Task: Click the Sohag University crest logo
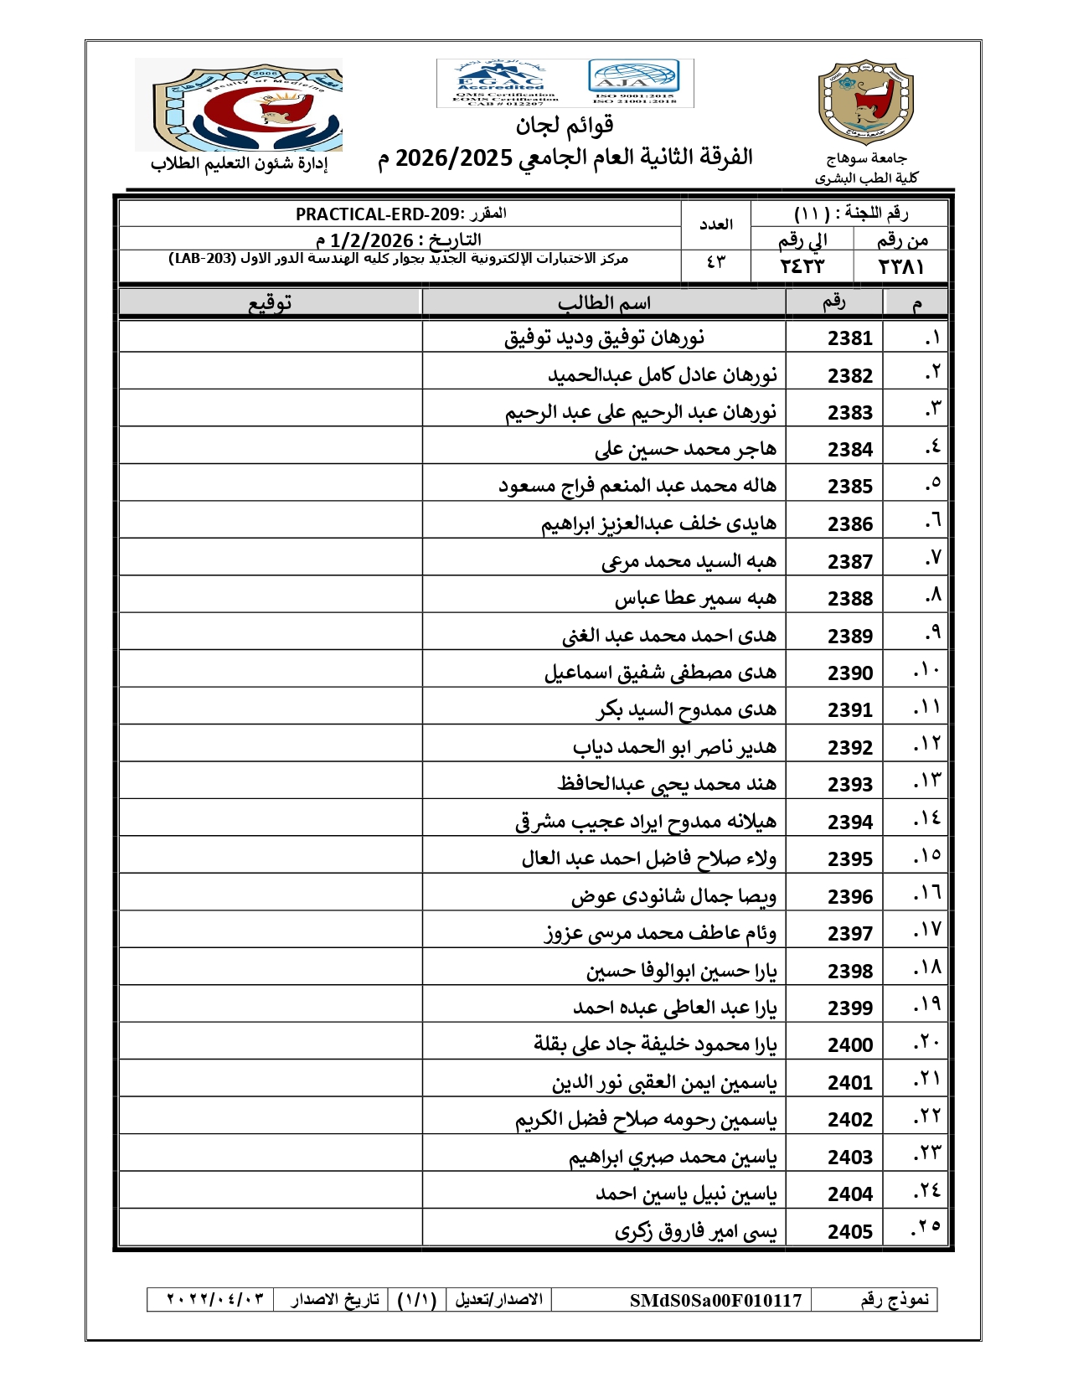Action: point(865,102)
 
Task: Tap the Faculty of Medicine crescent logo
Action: point(240,105)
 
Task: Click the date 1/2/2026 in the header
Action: point(372,240)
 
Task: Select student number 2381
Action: point(849,338)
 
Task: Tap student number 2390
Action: point(849,673)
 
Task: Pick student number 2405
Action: point(849,1232)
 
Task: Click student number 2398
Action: point(849,972)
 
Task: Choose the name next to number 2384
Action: point(685,450)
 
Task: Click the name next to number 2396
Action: point(673,897)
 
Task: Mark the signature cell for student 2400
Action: point(270,1044)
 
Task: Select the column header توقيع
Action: point(270,303)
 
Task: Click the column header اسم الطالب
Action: point(604,303)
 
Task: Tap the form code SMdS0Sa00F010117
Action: point(715,1300)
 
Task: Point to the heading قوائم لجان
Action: point(565,126)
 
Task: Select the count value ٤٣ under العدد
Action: point(715,263)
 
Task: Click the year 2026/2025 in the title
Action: point(453,157)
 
